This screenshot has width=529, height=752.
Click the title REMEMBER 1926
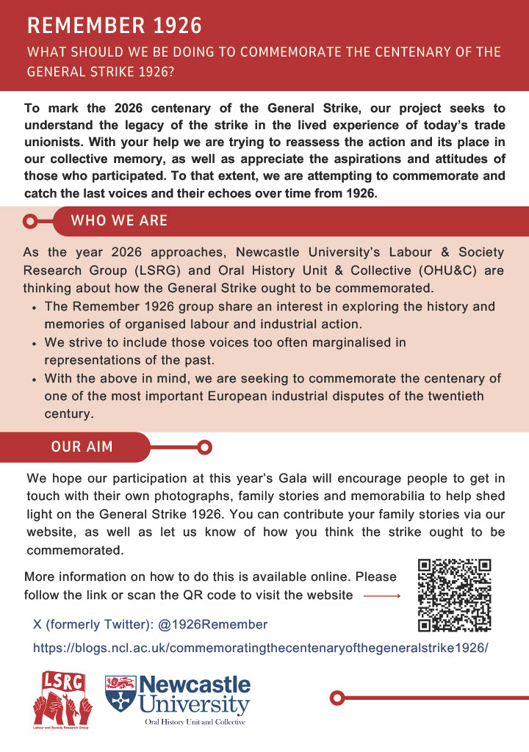(114, 26)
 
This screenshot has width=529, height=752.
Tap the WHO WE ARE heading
(119, 220)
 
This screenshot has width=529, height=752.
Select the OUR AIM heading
(82, 446)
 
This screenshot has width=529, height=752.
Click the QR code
(454, 596)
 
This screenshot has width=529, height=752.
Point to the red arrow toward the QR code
(381, 596)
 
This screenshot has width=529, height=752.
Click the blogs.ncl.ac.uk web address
(261, 648)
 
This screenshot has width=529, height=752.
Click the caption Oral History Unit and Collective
(195, 723)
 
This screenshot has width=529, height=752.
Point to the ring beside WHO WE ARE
(30, 220)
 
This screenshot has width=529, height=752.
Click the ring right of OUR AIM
(205, 446)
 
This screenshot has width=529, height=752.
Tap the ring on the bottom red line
(337, 697)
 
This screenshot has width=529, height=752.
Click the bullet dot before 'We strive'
(35, 343)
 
